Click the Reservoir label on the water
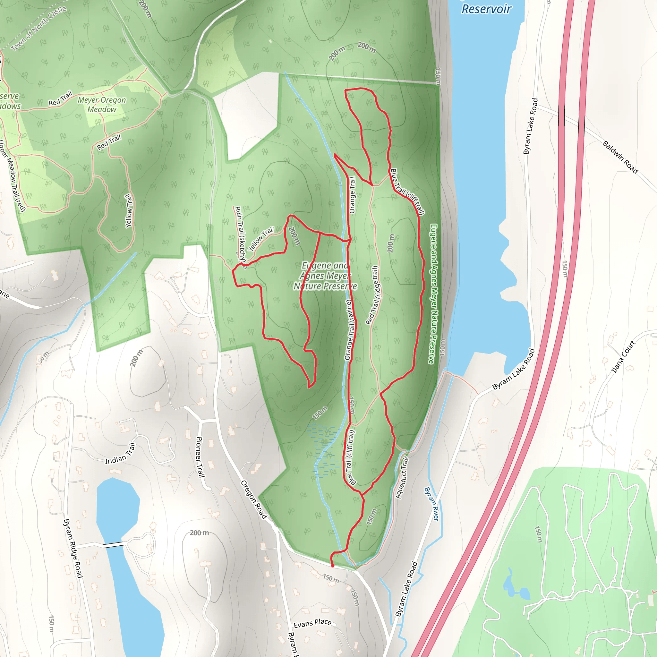(x=486, y=9)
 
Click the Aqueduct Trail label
(x=402, y=478)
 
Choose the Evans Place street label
(x=312, y=623)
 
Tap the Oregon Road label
(x=254, y=499)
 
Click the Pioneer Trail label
(x=200, y=457)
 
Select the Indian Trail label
(x=120, y=454)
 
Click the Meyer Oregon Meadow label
(x=102, y=105)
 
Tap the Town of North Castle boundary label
(x=38, y=29)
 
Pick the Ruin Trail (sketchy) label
(x=240, y=235)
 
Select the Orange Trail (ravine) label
(x=350, y=329)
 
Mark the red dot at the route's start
(x=333, y=566)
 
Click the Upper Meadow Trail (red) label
(x=13, y=175)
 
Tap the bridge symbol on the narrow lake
(x=114, y=544)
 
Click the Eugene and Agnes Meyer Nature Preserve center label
(x=325, y=276)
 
